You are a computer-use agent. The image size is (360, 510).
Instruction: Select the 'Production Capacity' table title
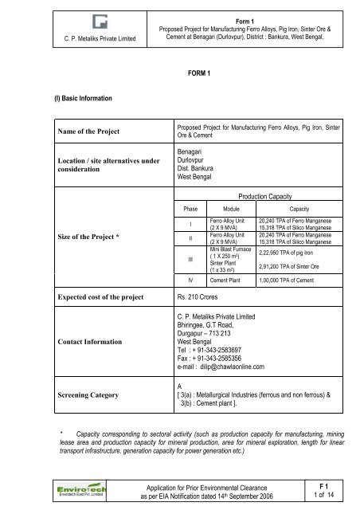pos(267,194)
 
